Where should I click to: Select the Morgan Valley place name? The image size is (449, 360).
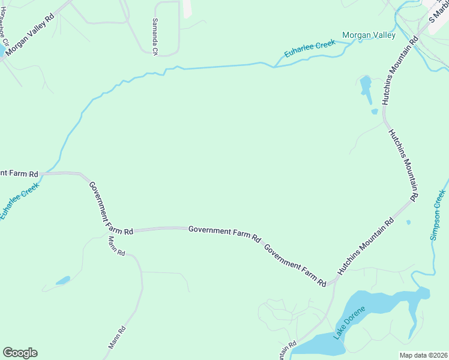point(369,35)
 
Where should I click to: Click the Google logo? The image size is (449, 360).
point(20,353)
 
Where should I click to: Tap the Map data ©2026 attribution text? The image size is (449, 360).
point(424,355)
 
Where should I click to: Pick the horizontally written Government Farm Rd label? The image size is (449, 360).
point(224,230)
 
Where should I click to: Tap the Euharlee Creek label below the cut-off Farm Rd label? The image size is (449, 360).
point(19,201)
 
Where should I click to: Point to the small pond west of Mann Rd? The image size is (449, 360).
point(62,280)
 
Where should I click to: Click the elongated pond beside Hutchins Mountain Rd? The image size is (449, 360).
point(365,86)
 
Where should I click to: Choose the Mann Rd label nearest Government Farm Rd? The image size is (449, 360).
point(116,245)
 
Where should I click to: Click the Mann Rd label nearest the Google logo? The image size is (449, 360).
point(117,338)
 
